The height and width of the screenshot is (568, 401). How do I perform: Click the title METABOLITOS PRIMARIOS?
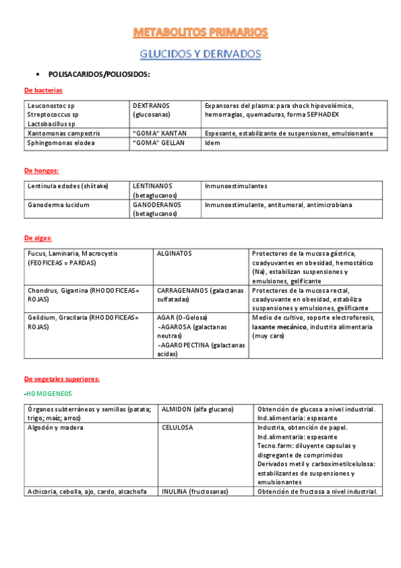point(200,32)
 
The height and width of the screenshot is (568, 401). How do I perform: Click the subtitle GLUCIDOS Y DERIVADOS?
point(200,54)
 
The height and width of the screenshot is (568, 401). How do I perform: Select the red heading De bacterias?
point(43,90)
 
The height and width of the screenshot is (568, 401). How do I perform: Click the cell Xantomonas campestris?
point(64,133)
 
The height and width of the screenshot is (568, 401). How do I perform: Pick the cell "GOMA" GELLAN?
point(157,143)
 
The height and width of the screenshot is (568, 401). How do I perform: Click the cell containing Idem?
point(212,143)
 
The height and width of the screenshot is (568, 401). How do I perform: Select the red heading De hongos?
point(41,170)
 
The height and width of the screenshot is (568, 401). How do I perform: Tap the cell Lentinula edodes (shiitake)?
point(68,186)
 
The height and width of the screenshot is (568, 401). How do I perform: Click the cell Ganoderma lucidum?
point(58,205)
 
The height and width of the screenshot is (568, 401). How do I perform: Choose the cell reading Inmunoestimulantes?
point(236,186)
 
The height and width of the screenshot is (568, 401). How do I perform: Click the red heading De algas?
point(38,238)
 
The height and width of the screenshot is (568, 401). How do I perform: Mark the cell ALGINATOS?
point(174,254)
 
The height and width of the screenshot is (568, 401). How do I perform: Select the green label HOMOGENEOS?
point(49,393)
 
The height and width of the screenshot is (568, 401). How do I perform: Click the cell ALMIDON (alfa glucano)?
point(197,409)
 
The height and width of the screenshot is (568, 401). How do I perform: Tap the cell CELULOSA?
point(177,427)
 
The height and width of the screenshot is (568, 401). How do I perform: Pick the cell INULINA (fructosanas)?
point(195,491)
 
